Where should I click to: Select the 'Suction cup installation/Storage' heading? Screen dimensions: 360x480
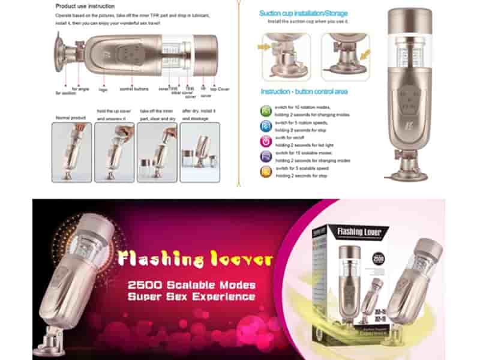303,13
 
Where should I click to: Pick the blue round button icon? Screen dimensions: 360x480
266,126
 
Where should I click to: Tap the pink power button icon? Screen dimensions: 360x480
266,141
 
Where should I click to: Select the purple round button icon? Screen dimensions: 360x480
266,156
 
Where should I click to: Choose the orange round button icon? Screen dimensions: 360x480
266,172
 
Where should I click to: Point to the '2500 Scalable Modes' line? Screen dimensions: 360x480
191,285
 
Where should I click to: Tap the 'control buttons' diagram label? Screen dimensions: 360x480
134,89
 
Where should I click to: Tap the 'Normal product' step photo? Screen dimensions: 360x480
72,152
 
